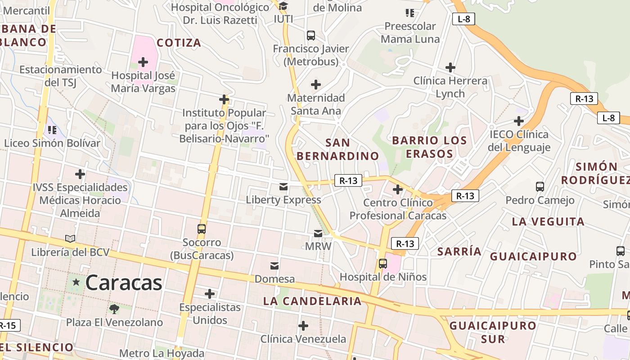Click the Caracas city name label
pos(123,283)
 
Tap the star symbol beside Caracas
pos(76,282)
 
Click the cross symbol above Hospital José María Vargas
pos(143,62)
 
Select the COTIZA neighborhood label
pos(179,43)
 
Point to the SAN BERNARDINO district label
pos(337,149)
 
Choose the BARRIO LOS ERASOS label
pos(429,147)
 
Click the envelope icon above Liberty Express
pos(283,187)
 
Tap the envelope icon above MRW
pos(318,234)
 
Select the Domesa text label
pos(274,279)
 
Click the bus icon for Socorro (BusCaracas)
pos(202,229)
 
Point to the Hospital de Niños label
pos(383,277)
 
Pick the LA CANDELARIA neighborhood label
pos(312,301)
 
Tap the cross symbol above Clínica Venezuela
pos(303,325)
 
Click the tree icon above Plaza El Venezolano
pos(114,309)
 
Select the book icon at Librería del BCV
pos(70,238)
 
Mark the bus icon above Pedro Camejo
pos(540,186)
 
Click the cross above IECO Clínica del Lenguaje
pos(519,121)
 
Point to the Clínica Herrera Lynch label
pos(450,87)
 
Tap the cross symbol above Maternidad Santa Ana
pos(316,84)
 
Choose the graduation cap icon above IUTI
pos(283,6)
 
